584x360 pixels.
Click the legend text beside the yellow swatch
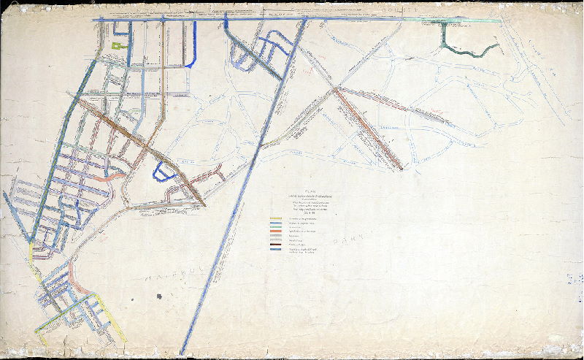(303, 218)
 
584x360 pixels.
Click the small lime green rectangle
(117, 46)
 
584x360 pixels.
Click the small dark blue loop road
(161, 173)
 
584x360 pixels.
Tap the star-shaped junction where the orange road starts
(336, 88)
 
